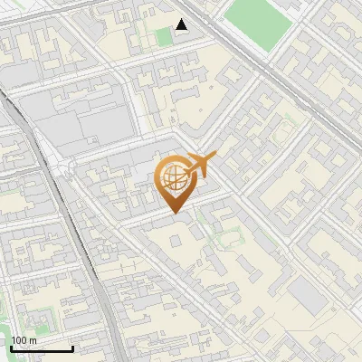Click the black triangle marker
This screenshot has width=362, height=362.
pos(182,24)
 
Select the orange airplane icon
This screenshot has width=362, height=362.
pos(199,165)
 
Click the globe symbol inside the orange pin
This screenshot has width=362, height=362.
pos(173,176)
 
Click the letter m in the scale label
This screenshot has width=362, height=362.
pos(33,340)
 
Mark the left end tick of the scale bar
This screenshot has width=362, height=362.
pos(10,348)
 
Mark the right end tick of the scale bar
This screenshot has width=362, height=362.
pos(72,348)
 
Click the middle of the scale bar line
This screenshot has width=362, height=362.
pos(41,350)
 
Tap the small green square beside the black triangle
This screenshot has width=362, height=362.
pos(164,37)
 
